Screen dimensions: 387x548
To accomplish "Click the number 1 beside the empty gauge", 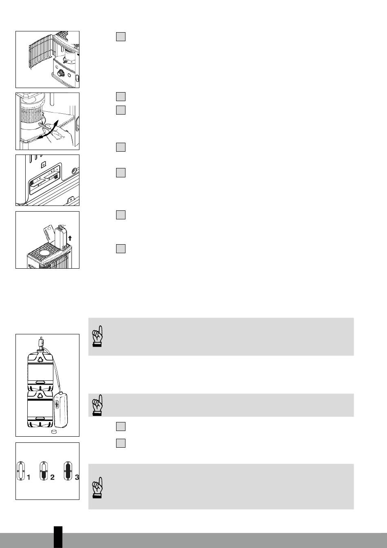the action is click(x=29, y=477).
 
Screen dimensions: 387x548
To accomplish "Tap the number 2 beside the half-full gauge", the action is click(x=52, y=477).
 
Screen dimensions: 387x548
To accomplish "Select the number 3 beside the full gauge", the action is click(x=77, y=477).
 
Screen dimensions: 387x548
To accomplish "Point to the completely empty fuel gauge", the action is click(x=21, y=471).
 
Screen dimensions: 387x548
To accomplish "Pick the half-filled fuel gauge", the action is click(x=44, y=471).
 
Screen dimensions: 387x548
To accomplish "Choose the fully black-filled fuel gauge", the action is click(x=68, y=471).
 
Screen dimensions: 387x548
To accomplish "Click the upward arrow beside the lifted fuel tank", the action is click(x=70, y=238).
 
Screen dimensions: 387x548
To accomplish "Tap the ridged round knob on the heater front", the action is click(x=61, y=73).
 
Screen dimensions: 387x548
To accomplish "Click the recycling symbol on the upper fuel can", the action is click(x=40, y=359).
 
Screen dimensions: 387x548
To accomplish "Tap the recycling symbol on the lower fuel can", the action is click(x=40, y=394).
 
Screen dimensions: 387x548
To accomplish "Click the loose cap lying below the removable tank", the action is click(x=54, y=431).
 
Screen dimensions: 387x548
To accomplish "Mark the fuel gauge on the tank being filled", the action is click(x=57, y=404).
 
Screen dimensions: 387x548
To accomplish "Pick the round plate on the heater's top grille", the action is click(x=45, y=252).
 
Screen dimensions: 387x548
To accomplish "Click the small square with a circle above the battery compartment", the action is click(x=43, y=165).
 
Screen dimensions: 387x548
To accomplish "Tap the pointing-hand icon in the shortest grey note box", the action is click(x=97, y=405).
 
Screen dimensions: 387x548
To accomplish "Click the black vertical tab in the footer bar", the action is click(x=58, y=537).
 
